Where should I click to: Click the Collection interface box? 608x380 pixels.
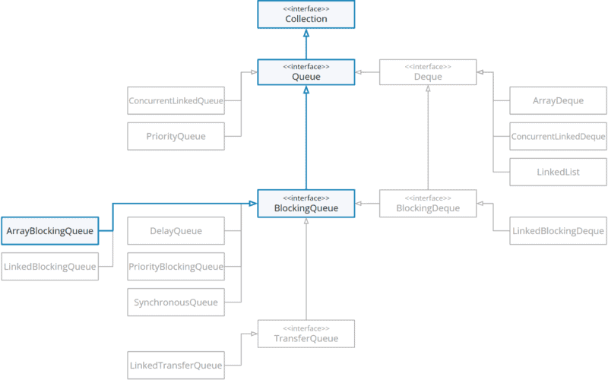[x=306, y=14]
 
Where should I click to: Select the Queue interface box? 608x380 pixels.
[x=306, y=72]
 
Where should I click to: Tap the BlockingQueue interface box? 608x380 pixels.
[x=306, y=203]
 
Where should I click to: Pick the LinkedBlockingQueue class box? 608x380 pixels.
[x=50, y=267]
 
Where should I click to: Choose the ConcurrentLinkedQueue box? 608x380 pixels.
[x=176, y=100]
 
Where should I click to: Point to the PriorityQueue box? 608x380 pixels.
[x=176, y=137]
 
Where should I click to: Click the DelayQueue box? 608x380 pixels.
[x=176, y=231]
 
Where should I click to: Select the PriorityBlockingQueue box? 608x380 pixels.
[x=176, y=267]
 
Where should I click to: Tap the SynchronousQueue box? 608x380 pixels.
[x=176, y=302]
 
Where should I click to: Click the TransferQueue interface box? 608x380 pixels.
[x=306, y=334]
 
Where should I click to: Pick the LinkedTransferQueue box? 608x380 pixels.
[x=176, y=366]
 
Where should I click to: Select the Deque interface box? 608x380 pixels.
[x=428, y=72]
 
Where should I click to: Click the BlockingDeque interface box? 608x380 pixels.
[x=428, y=203]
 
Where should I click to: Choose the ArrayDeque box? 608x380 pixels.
[x=558, y=100]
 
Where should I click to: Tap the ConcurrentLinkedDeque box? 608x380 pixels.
[x=558, y=137]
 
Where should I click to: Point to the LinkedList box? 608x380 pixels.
[x=558, y=173]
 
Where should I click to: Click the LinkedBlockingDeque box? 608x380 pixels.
[x=558, y=231]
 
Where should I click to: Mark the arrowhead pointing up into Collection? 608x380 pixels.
[x=306, y=33]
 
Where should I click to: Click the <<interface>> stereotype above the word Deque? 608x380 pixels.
[x=428, y=67]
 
